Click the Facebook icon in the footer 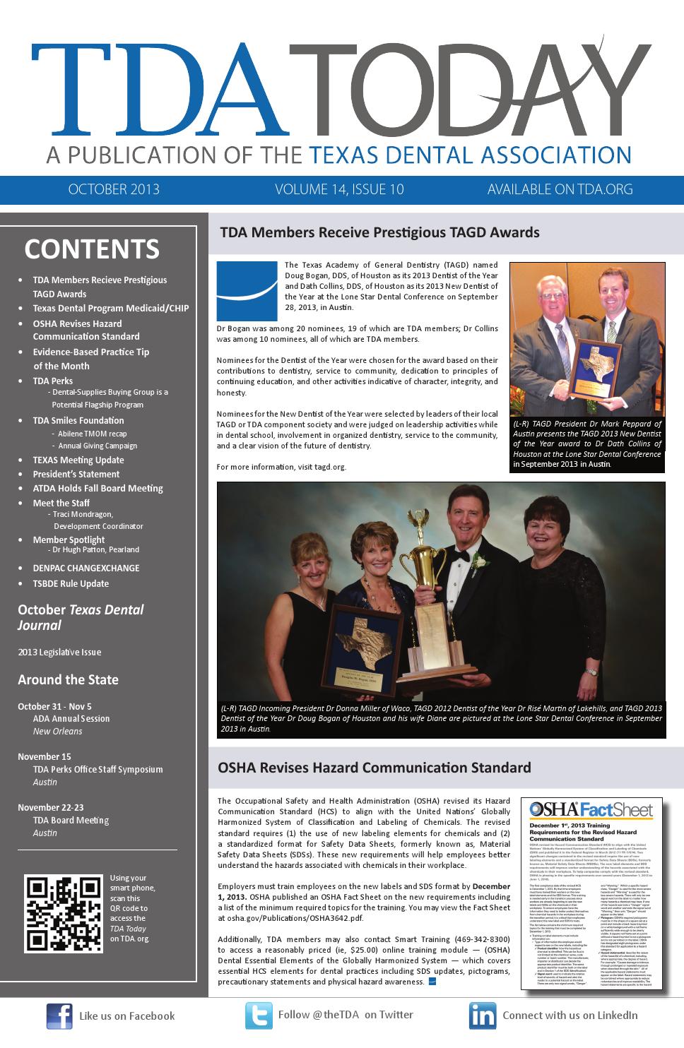click(x=59, y=1016)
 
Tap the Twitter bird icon click(x=259, y=1016)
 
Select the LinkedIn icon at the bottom click(x=483, y=1016)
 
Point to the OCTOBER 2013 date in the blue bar click(x=114, y=189)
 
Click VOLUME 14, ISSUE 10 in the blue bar click(x=339, y=189)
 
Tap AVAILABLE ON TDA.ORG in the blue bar click(x=560, y=189)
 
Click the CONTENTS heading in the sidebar click(x=92, y=249)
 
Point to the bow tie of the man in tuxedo click(x=461, y=556)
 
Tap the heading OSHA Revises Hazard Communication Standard click(x=374, y=768)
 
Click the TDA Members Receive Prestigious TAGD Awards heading click(x=379, y=232)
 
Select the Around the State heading click(x=68, y=680)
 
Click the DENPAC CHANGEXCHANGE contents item click(x=85, y=568)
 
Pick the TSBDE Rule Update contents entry click(x=71, y=583)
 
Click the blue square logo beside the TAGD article click(x=247, y=292)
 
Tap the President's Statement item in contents click(x=76, y=474)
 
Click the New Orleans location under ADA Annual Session click(x=57, y=731)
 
